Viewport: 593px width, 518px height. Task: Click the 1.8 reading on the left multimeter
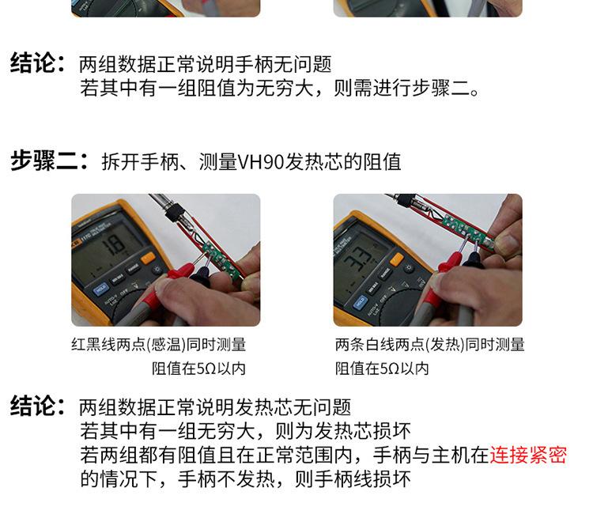coord(115,244)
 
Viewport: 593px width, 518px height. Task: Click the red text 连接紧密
coord(528,456)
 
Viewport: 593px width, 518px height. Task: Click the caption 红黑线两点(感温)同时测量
coord(158,345)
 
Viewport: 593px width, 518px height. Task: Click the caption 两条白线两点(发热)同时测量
coord(429,345)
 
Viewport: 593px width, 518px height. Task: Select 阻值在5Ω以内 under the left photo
coord(198,369)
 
